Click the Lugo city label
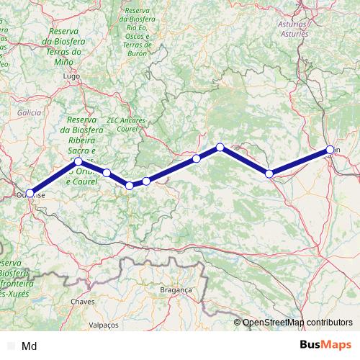(x=70, y=75)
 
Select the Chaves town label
(x=84, y=302)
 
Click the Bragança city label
(x=176, y=289)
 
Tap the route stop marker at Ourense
(x=30, y=192)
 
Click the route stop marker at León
(x=330, y=150)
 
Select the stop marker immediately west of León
(x=269, y=174)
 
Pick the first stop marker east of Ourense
(x=78, y=162)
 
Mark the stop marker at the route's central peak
(x=220, y=148)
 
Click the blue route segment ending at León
(x=300, y=161)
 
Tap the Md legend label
(x=30, y=346)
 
